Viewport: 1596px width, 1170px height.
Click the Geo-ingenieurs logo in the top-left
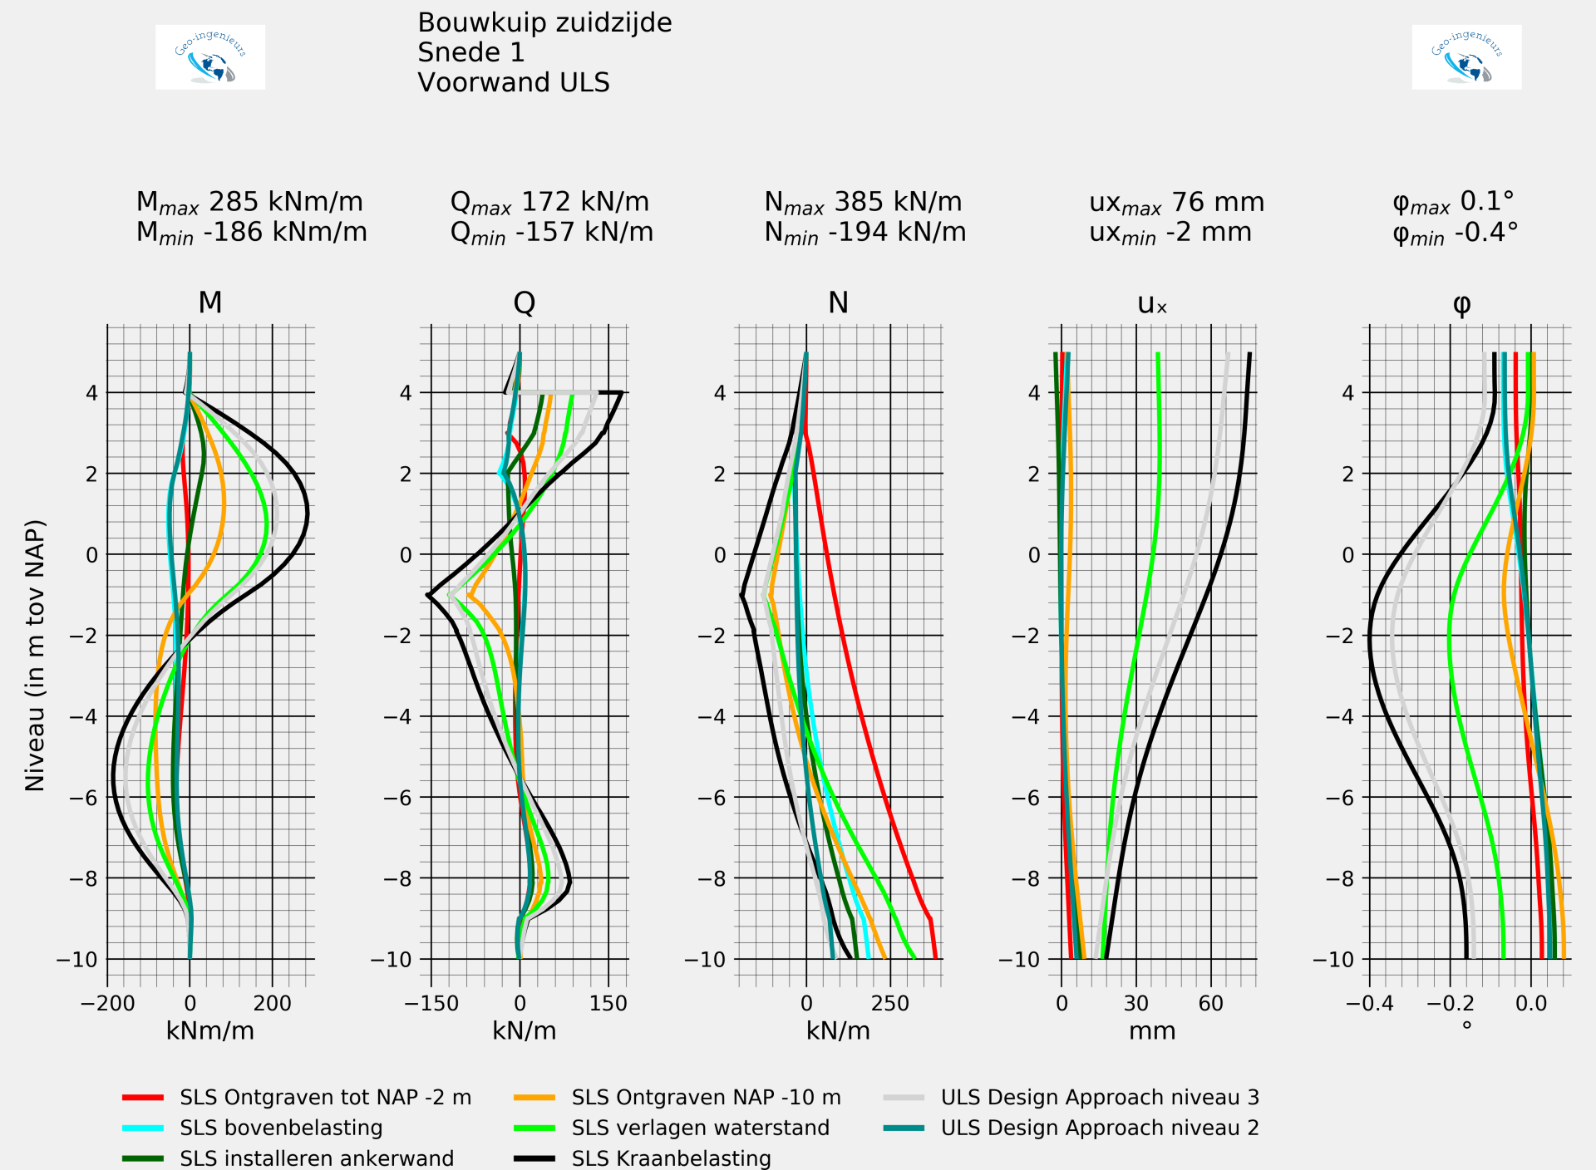(210, 57)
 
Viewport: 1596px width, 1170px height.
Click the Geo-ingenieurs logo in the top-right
(1466, 57)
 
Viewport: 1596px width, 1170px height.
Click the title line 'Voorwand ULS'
(513, 83)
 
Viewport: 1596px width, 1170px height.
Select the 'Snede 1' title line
(470, 52)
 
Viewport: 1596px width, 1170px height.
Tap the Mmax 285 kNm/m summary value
(249, 202)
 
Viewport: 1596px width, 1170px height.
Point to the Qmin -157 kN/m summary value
(551, 233)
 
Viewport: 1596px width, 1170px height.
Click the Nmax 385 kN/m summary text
(863, 202)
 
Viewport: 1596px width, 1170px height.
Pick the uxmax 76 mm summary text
(1176, 202)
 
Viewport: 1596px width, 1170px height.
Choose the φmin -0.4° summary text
(1455, 233)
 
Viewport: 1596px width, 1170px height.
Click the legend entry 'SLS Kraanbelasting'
(671, 1158)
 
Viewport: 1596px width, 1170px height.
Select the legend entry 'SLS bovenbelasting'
(281, 1128)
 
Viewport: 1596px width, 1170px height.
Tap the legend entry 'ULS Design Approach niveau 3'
(1099, 1097)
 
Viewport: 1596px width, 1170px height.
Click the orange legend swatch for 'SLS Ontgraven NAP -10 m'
(534, 1098)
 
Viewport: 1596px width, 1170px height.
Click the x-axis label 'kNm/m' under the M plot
(210, 1030)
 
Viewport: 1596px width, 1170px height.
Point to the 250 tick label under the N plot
(890, 1003)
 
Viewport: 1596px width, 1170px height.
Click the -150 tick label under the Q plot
(431, 1003)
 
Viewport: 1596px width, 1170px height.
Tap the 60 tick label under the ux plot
(1210, 1003)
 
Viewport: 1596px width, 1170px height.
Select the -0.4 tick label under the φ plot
(1369, 1003)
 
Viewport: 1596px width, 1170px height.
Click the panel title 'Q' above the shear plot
(524, 302)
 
